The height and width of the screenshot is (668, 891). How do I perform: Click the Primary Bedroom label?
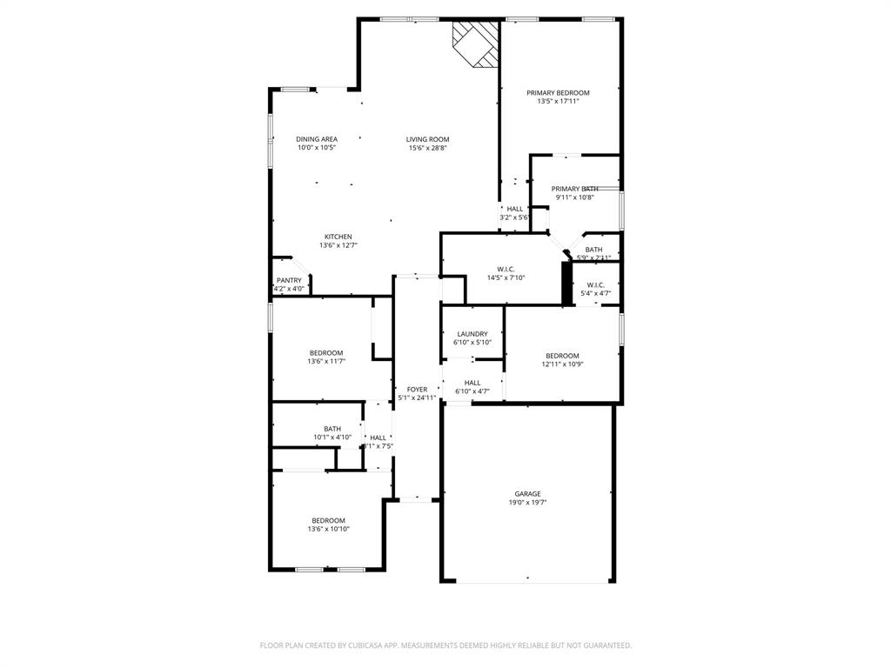point(558,93)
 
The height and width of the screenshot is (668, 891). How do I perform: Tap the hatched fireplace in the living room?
point(476,43)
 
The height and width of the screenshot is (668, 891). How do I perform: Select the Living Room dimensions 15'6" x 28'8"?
point(427,148)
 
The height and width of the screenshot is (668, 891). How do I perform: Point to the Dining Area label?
point(317,139)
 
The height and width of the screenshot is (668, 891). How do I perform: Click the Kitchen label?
point(338,237)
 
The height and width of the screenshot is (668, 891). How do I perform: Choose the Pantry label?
point(289,280)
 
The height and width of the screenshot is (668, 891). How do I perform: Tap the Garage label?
point(527,493)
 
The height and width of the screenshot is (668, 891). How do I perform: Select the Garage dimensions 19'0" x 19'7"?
point(527,502)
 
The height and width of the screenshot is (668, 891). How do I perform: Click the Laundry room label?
point(472,334)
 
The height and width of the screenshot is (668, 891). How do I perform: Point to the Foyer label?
point(417,389)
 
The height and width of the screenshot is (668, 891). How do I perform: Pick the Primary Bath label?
point(574,189)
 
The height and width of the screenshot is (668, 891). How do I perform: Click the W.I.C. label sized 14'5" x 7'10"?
point(506,269)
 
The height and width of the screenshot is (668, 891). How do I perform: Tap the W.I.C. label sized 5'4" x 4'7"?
point(596,284)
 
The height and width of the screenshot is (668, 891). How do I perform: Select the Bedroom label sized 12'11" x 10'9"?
point(562,355)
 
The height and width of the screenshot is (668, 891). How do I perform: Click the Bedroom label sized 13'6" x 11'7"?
point(326,352)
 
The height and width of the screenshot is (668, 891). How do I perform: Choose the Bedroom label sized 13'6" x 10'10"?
point(328,520)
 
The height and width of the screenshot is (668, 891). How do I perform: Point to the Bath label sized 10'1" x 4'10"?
point(332,428)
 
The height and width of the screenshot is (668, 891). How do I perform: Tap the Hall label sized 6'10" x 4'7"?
point(472,383)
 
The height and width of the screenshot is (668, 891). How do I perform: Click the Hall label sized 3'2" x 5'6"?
point(515,209)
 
